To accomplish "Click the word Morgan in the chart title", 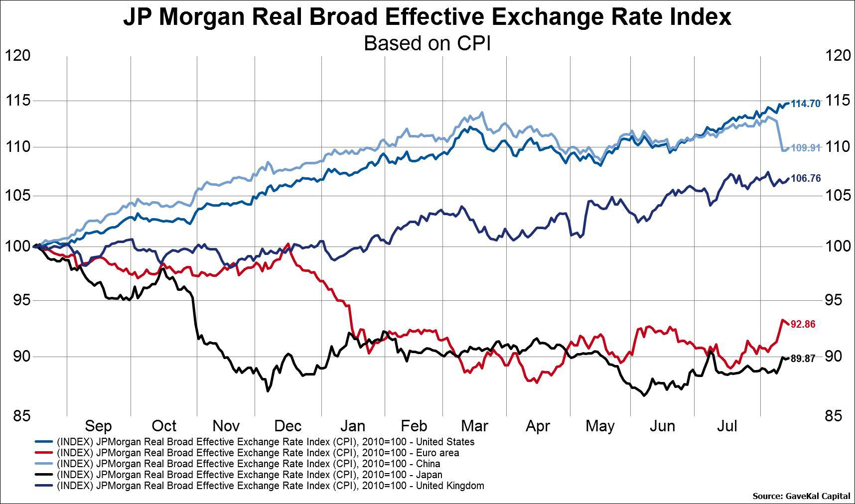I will (x=202, y=17).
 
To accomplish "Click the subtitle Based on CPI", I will (x=427, y=43).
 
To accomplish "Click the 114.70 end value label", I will (x=805, y=104).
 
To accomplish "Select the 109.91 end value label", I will (x=805, y=148).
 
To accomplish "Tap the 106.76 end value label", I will (x=805, y=178).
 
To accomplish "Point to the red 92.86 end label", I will (x=803, y=324).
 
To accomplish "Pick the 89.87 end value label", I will (x=803, y=359).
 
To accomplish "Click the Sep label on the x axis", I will (x=98, y=426).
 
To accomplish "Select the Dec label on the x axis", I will (x=288, y=426).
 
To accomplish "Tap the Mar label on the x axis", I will (x=474, y=426).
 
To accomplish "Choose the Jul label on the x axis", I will (x=727, y=426).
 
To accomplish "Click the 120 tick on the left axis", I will (x=17, y=56).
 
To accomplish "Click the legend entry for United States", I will (x=265, y=442).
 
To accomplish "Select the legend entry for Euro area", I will (x=258, y=453).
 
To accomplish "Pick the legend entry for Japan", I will (x=249, y=475).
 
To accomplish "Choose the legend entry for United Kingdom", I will (x=270, y=486).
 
